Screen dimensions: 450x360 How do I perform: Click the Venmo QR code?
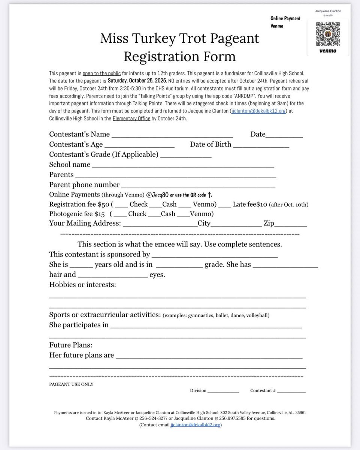pyautogui.click(x=327, y=34)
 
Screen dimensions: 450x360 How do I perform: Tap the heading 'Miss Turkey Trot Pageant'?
pyautogui.click(x=179, y=39)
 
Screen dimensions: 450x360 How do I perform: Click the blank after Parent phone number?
pyautogui.click(x=199, y=185)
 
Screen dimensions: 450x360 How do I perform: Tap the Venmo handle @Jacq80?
pyautogui.click(x=157, y=195)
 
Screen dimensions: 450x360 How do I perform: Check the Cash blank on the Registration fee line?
pyautogui.click(x=155, y=205)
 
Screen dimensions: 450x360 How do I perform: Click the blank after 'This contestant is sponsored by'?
pyautogui.click(x=215, y=255)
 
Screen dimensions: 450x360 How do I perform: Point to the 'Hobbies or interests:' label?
pyautogui.click(x=82, y=285)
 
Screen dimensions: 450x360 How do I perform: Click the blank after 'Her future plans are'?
pyautogui.click(x=209, y=355)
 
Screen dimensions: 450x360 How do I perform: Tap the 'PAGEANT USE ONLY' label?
pyautogui.click(x=71, y=384)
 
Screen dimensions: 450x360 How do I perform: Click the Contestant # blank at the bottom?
pyautogui.click(x=291, y=391)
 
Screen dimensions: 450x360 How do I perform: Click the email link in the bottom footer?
pyautogui.click(x=195, y=425)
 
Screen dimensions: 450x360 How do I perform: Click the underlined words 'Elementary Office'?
pyautogui.click(x=132, y=118)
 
